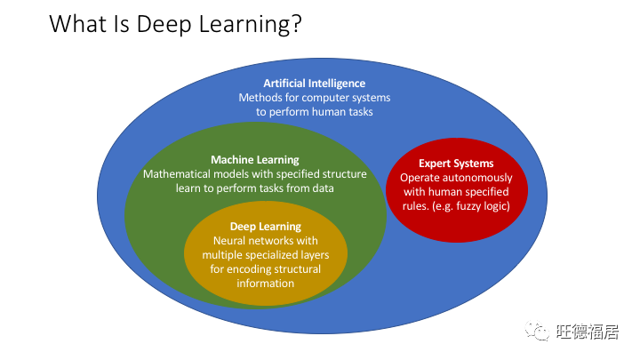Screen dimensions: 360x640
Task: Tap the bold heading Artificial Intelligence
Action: tap(314, 83)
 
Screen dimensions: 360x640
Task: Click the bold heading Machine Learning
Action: tap(254, 160)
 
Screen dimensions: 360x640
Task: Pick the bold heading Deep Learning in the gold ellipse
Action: tap(265, 227)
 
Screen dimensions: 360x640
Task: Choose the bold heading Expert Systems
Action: tap(456, 164)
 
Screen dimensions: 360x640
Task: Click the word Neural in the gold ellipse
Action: tap(230, 241)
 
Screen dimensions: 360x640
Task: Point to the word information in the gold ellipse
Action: tap(265, 284)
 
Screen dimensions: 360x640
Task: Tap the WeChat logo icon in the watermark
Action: tap(538, 332)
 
